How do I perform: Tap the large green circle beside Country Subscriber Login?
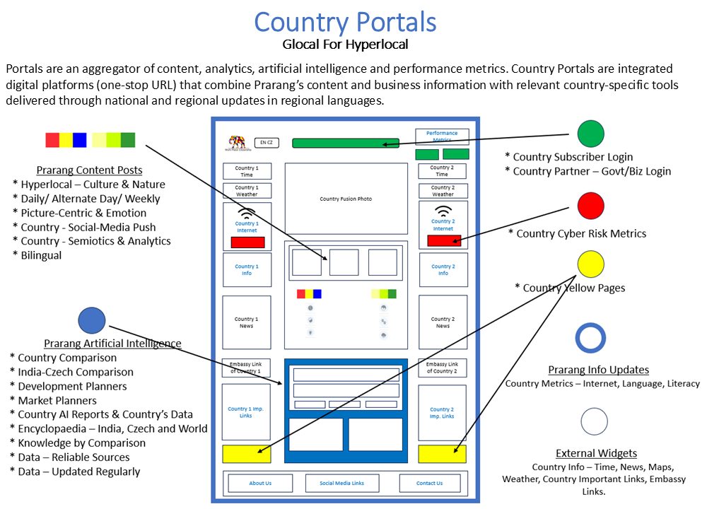(590, 134)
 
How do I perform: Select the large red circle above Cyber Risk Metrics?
(590, 206)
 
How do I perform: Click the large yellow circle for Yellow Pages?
(590, 264)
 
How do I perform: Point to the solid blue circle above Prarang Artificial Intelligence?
(92, 321)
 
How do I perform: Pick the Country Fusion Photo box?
(346, 199)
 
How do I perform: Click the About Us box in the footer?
(260, 483)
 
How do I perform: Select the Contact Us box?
(429, 483)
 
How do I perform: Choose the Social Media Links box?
(341, 483)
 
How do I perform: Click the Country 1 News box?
(246, 322)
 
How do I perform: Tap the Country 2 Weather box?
(443, 191)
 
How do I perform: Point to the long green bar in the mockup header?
(345, 143)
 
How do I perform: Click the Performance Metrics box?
(442, 136)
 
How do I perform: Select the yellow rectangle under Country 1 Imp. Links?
(246, 454)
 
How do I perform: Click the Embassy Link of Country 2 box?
(443, 368)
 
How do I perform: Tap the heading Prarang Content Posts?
(89, 170)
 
